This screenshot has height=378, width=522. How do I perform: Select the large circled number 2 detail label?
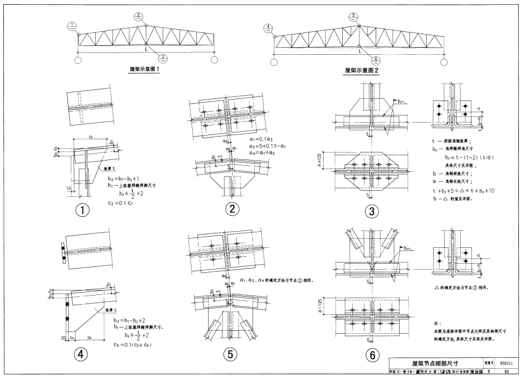232,209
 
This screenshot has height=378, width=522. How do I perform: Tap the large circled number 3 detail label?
372,211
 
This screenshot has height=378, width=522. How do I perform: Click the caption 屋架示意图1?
145,69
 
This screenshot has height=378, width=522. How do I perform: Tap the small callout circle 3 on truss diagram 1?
164,58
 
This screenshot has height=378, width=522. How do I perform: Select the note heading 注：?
438,323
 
